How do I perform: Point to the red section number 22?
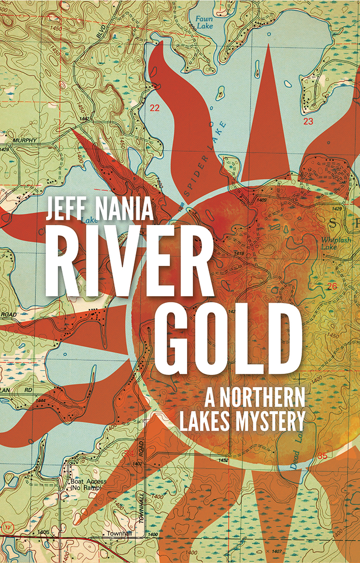tap(154, 108)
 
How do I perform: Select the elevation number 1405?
tap(43, 532)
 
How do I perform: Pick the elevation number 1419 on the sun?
tap(239, 253)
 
